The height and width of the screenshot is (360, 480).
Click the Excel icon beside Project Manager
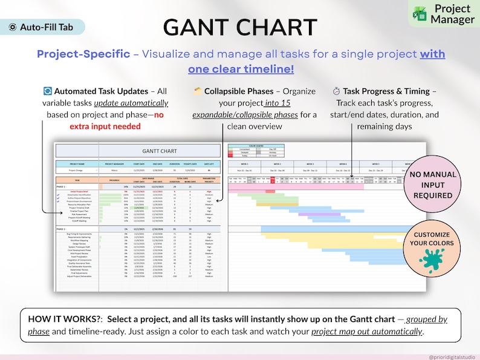point(418,13)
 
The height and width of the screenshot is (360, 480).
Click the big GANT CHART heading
point(240,27)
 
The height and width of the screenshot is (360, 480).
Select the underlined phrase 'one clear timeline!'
point(241,69)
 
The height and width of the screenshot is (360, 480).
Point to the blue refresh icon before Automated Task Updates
point(48,91)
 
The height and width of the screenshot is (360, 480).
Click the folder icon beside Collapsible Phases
point(197,91)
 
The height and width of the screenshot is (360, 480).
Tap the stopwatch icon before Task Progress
point(336,91)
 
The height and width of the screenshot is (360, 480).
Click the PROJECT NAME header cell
point(77,163)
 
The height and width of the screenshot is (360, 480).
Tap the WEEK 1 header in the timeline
point(244,164)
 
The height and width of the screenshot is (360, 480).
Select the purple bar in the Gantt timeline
point(320,214)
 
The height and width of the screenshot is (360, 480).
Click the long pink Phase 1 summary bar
point(296,187)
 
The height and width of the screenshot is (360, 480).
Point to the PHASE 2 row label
point(61,229)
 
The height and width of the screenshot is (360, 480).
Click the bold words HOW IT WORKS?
point(62,319)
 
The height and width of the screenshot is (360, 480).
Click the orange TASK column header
point(77,180)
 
